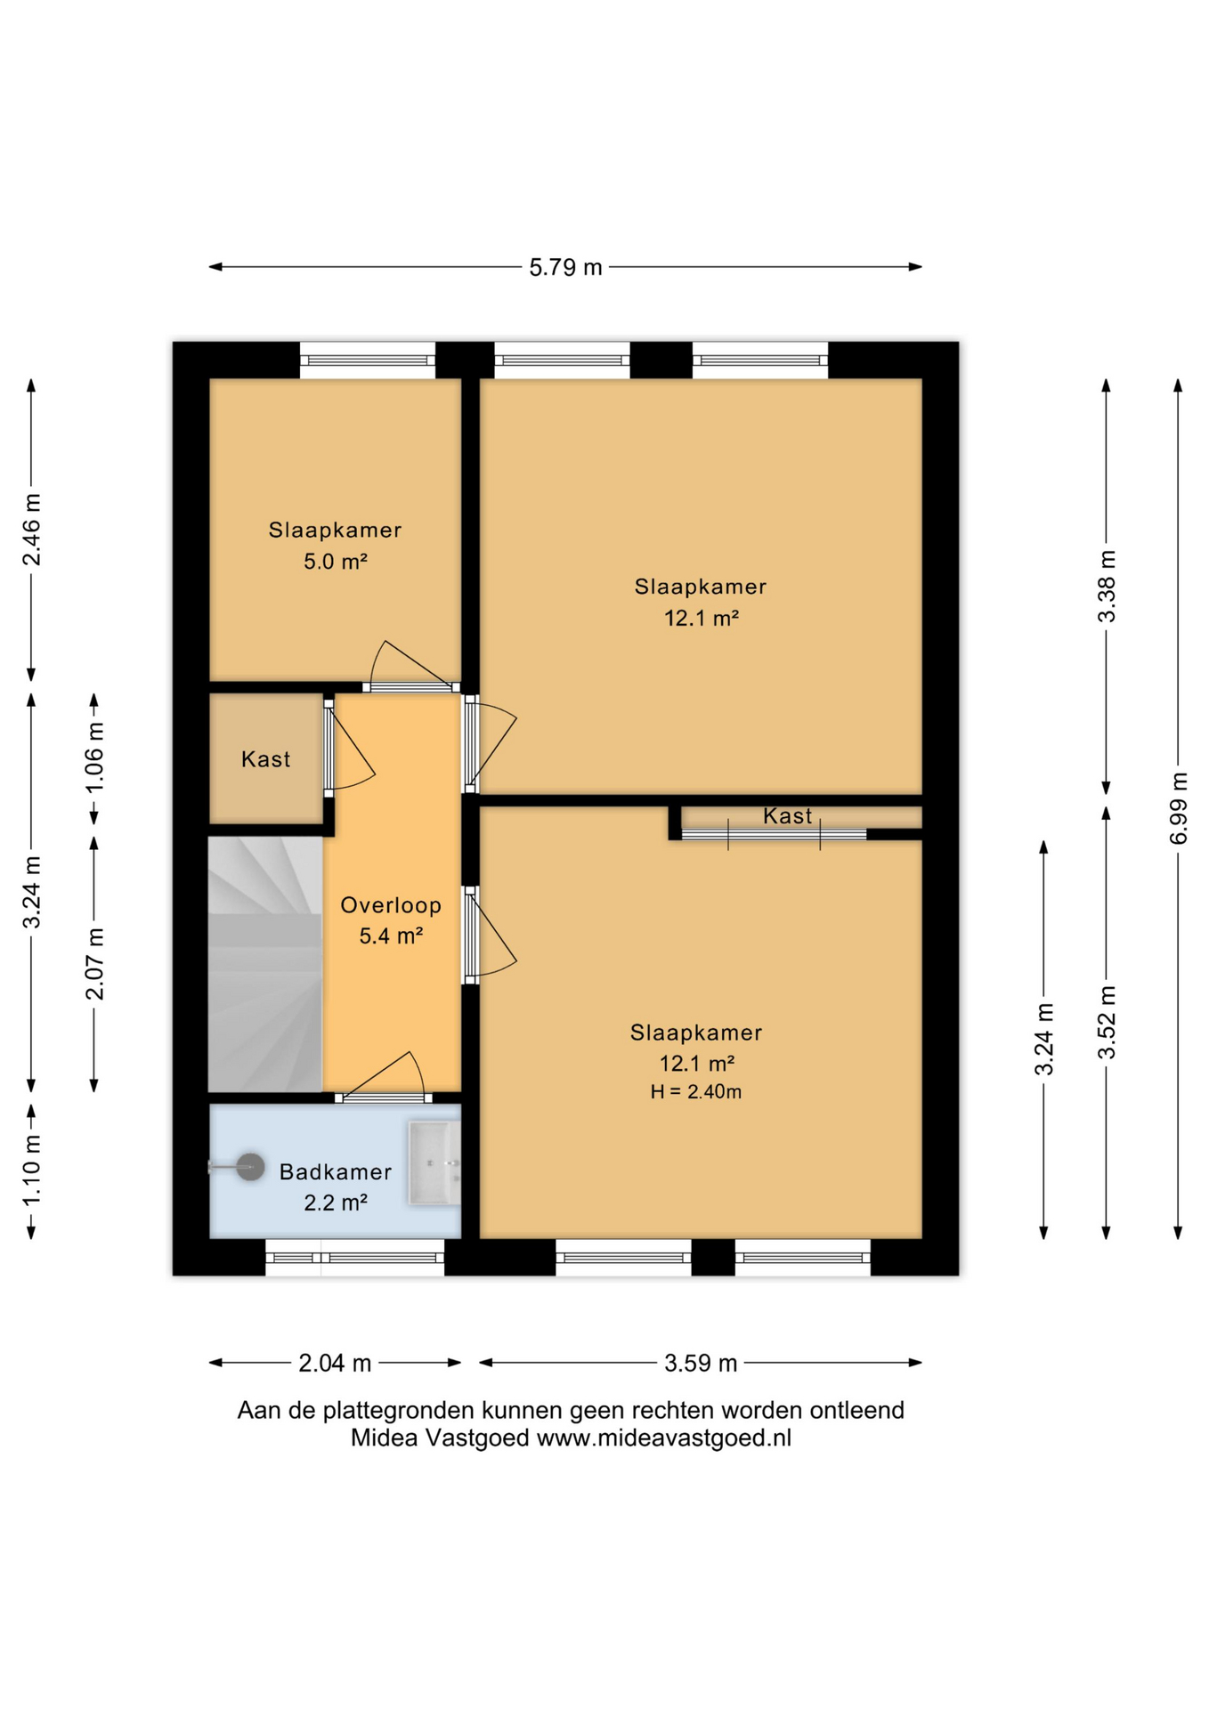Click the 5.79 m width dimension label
pos(565,267)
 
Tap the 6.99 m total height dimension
pos(1178,809)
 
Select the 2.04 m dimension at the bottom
pos(335,1363)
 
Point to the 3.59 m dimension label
pos(701,1363)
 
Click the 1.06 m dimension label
pos(94,757)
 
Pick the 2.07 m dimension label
pos(94,963)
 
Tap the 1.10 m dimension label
pos(31,1171)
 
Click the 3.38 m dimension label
pos(1107,587)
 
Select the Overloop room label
pos(391,905)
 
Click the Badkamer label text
pos(336,1172)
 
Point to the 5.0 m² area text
pos(336,562)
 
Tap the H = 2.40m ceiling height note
pos(695,1092)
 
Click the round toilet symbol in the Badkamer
pos(249,1167)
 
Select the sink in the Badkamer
pos(434,1163)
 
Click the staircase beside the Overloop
pos(265,964)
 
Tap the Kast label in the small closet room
pos(265,759)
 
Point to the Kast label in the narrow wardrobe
pos(788,816)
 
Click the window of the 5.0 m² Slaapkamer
pos(368,360)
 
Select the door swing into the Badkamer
pos(384,1076)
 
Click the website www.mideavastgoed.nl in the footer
pos(663,1438)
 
